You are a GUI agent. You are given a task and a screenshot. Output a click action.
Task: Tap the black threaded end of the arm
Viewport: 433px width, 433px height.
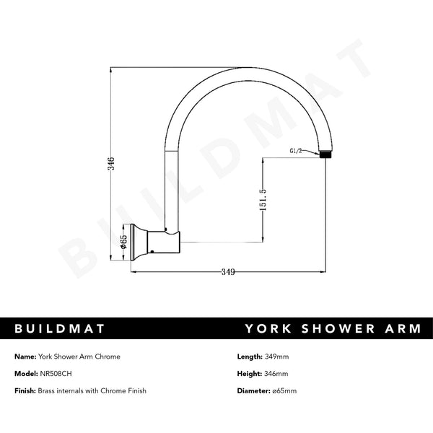pos(327,154)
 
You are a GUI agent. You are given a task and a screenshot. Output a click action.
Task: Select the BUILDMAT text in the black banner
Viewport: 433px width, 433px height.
pos(61,328)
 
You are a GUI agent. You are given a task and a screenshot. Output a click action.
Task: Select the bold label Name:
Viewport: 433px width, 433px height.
pos(25,357)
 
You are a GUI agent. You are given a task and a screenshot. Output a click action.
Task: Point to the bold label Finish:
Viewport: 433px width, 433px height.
pos(25,390)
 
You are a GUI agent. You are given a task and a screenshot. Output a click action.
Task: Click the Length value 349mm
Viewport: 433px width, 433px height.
pos(277,357)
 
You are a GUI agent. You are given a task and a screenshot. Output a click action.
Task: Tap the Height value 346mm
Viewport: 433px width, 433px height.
pos(276,373)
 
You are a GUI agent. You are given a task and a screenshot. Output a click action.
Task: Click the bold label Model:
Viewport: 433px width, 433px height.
pos(25,373)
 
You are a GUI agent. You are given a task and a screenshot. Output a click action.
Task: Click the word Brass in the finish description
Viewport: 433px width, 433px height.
pos(48,390)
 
